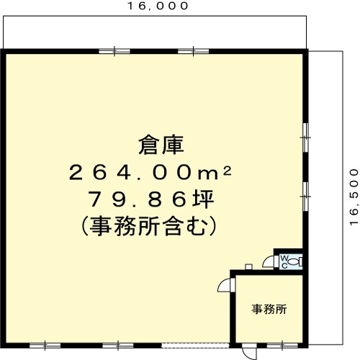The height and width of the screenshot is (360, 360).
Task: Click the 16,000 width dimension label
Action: click(x=158, y=6)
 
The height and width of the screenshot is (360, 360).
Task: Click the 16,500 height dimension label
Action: click(x=354, y=197)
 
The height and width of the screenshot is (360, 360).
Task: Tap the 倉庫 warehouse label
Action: click(x=161, y=145)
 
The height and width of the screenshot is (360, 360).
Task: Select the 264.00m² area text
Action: click(x=150, y=172)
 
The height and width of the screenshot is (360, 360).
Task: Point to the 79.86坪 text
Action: click(x=152, y=199)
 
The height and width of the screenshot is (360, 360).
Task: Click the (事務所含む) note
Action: click(x=149, y=226)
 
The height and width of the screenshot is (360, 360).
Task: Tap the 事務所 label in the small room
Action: click(x=269, y=309)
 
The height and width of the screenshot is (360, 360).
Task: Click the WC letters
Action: click(x=284, y=262)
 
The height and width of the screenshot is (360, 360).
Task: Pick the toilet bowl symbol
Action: click(x=295, y=261)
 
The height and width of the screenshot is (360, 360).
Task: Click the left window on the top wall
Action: click(x=114, y=51)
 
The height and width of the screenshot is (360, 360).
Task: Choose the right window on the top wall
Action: click(x=193, y=51)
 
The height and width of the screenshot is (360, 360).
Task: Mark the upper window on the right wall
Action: click(x=305, y=138)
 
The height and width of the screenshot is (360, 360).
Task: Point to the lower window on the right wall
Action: click(x=305, y=197)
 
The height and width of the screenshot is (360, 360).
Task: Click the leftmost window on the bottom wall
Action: click(x=45, y=346)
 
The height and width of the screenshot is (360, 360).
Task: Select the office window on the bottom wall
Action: click(x=282, y=346)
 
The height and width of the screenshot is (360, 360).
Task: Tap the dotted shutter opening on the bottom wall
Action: click(x=195, y=346)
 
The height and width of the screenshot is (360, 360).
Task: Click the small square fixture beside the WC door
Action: click(x=248, y=266)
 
